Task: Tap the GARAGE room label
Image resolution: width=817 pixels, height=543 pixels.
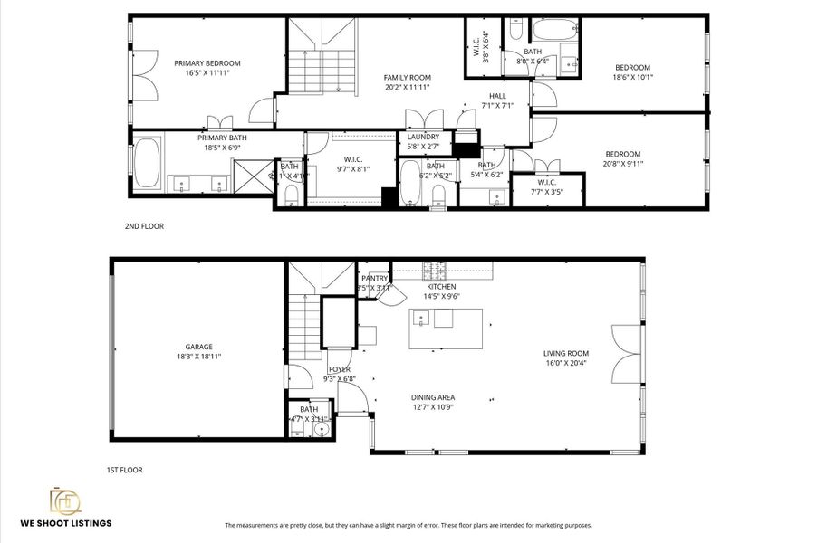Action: [x=198, y=347]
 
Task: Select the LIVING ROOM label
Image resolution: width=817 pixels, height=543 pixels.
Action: [x=566, y=354]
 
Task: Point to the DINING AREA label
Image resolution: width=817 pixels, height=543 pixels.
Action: [x=433, y=397]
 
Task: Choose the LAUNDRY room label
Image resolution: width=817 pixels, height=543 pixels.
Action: [x=423, y=137]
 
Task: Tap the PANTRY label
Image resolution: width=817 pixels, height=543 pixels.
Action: [x=374, y=279]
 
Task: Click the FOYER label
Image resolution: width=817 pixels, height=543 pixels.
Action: [x=339, y=369]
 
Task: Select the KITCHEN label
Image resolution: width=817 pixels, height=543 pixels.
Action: [x=441, y=287]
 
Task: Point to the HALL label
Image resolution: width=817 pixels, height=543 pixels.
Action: [x=497, y=96]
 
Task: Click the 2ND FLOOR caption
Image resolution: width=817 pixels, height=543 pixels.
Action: [x=144, y=226]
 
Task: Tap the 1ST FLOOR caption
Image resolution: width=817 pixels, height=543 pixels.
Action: [x=124, y=470]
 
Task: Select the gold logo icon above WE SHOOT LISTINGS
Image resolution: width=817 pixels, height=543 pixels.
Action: [x=65, y=500]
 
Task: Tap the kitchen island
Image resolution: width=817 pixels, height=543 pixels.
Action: [x=445, y=329]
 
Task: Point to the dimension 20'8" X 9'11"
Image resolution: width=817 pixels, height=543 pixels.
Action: [x=621, y=164]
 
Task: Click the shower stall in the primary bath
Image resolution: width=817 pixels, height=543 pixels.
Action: [x=253, y=173]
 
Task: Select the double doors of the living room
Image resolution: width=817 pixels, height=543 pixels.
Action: [x=626, y=354]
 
